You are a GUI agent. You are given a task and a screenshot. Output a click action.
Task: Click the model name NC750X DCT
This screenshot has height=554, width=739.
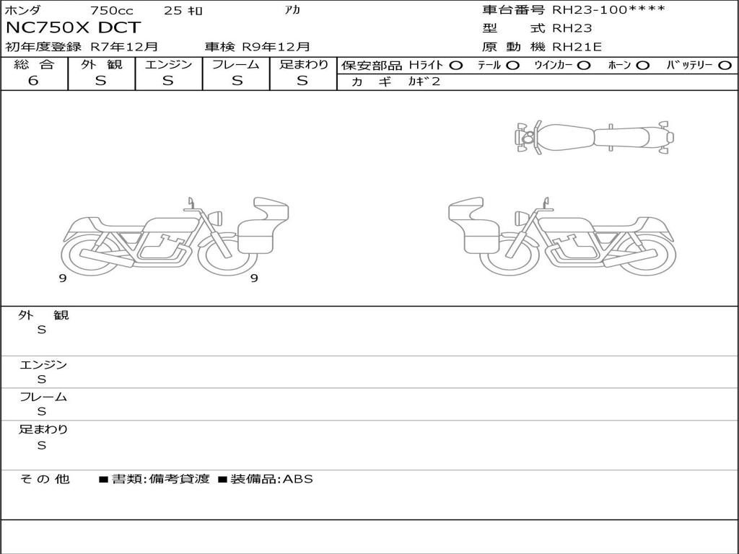click(x=73, y=28)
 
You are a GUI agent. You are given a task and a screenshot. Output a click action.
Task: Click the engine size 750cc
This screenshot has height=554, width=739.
click(x=112, y=10)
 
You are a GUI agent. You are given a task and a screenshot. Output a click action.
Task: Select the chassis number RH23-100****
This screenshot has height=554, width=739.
click(x=609, y=9)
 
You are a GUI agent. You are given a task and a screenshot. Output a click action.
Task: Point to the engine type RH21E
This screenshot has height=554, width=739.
click(x=577, y=47)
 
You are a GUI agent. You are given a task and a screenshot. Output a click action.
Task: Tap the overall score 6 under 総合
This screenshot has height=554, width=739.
click(x=33, y=81)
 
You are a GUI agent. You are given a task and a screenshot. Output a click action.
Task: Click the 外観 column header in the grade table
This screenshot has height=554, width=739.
click(x=101, y=64)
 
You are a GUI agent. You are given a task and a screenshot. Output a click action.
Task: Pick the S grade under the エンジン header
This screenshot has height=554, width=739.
click(x=168, y=81)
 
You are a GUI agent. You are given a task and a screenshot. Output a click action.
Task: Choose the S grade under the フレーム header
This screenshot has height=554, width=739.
click(x=237, y=81)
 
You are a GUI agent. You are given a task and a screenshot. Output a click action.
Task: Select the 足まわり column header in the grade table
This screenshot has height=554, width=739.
click(x=304, y=64)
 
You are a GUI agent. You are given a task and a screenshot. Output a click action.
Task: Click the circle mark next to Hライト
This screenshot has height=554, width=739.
click(x=455, y=66)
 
